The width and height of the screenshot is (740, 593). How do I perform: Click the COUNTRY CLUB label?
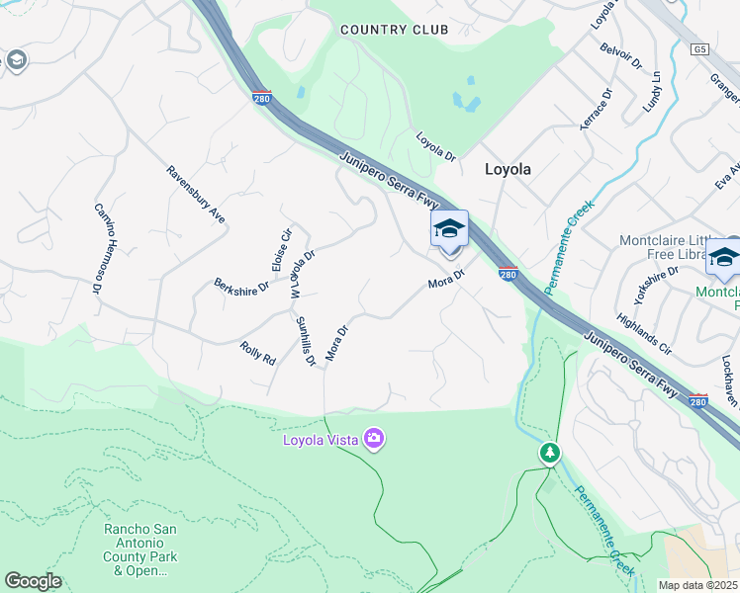point(394,30)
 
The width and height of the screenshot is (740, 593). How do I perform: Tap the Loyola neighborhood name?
point(508,169)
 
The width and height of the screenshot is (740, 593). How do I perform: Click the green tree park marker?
point(549,453)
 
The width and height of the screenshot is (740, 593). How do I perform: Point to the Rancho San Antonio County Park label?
point(141,550)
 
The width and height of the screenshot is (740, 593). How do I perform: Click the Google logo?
point(33,581)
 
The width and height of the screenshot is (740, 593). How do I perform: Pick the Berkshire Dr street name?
point(241,285)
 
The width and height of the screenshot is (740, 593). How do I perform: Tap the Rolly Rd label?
point(257,352)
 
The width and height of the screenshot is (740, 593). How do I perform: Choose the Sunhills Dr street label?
point(305,340)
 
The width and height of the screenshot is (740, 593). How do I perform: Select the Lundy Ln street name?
point(650,90)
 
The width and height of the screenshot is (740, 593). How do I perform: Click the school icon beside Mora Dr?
point(449,229)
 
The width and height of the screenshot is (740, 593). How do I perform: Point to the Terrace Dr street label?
point(597,109)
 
